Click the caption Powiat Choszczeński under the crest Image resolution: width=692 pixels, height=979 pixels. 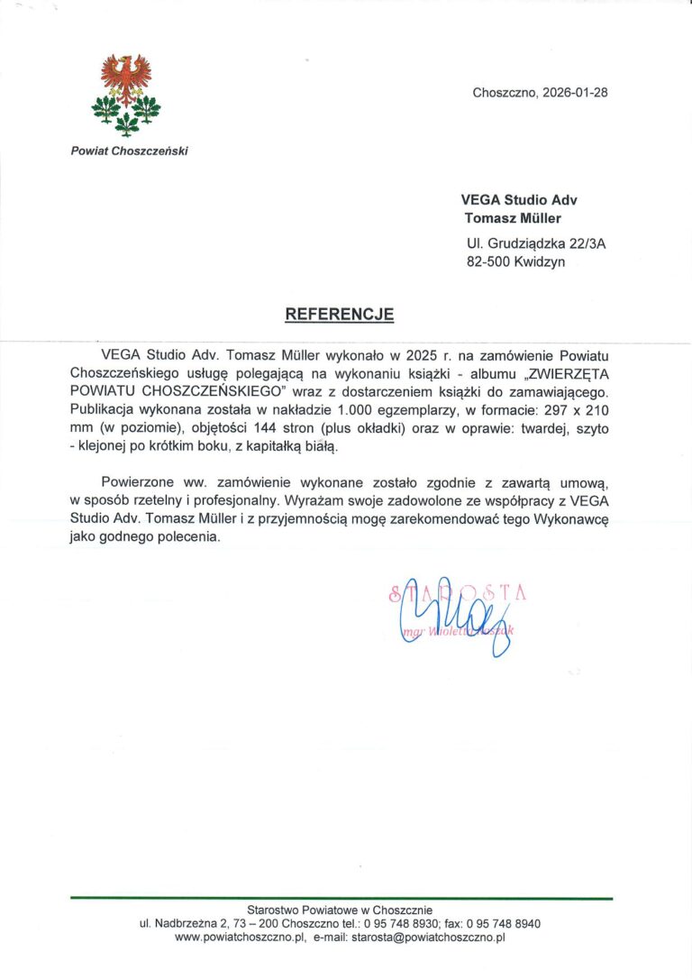[x=129, y=151]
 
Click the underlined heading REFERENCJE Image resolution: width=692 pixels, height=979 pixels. [x=340, y=315]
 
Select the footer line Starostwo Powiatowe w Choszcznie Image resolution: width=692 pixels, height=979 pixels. [x=341, y=910]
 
